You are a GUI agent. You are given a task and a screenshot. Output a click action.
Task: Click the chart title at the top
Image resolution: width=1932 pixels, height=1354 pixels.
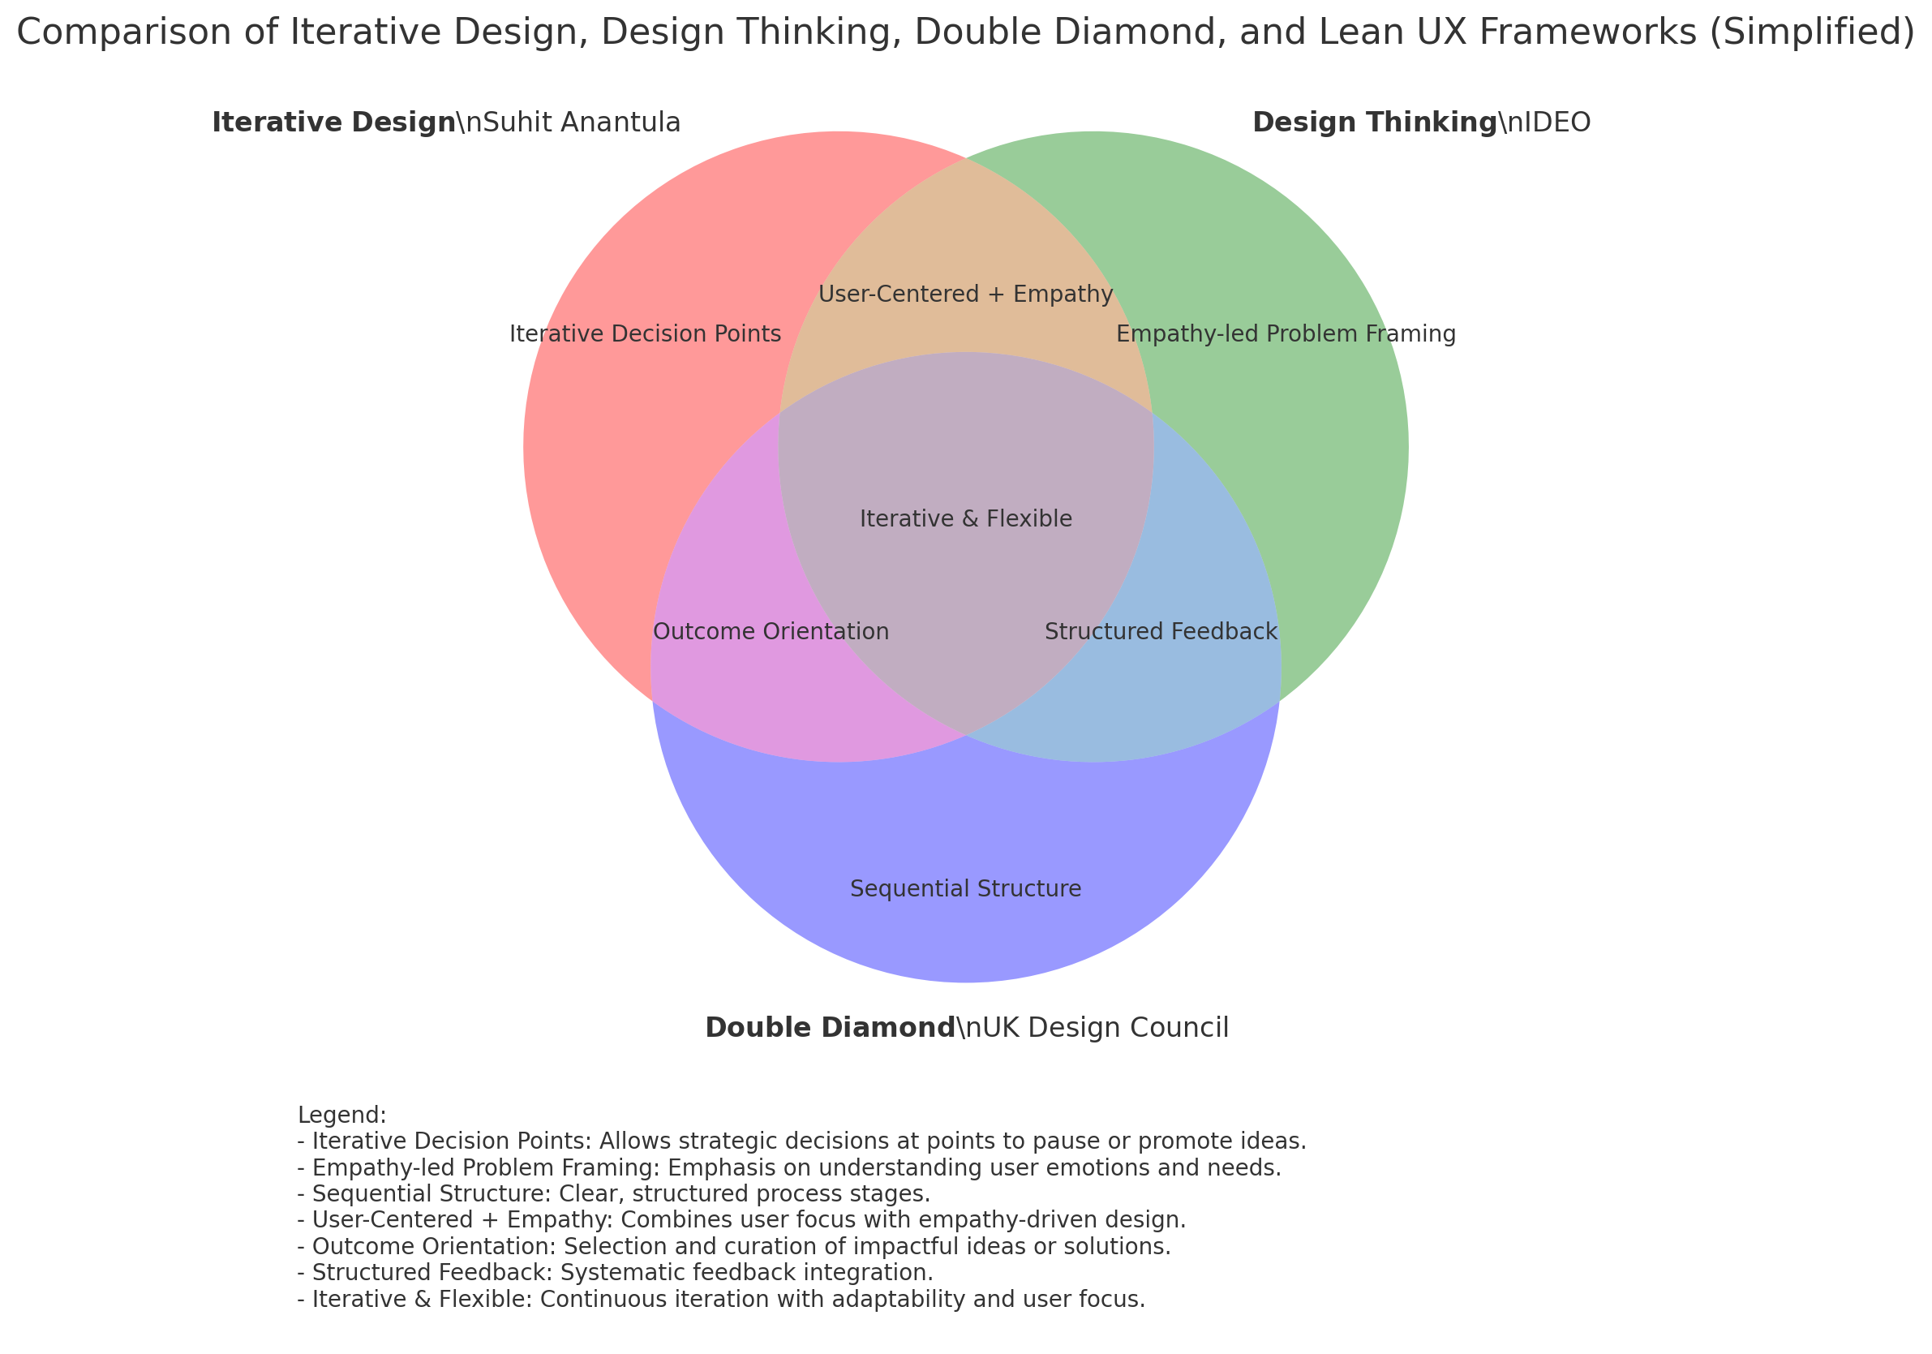(x=966, y=33)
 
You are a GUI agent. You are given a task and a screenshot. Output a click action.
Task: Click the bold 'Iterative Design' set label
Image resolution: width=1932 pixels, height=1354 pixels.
(x=333, y=123)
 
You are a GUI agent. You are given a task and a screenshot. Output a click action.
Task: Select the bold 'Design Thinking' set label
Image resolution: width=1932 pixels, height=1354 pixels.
(x=1374, y=123)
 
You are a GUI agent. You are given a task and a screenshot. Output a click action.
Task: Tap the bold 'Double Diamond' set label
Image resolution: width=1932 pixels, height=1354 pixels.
(x=830, y=1028)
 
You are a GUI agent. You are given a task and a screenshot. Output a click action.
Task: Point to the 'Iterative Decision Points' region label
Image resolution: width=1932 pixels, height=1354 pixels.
(x=646, y=334)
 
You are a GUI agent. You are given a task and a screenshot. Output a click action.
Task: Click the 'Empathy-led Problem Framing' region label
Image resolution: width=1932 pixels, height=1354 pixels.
(x=1286, y=334)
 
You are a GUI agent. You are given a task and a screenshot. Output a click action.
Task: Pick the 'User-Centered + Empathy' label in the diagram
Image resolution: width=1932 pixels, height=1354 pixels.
(x=965, y=294)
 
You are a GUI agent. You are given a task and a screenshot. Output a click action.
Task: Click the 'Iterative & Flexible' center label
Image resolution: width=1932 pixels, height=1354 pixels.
(x=966, y=518)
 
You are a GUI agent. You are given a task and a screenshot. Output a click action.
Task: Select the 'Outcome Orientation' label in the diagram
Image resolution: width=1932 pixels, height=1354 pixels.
(x=771, y=631)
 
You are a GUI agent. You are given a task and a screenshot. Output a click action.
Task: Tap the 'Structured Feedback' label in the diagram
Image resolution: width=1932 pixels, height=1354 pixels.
(x=1161, y=631)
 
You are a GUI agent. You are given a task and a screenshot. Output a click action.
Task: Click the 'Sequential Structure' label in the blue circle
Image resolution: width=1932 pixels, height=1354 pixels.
(x=965, y=888)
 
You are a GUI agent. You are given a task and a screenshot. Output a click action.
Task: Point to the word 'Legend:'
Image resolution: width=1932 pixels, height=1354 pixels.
(x=341, y=1115)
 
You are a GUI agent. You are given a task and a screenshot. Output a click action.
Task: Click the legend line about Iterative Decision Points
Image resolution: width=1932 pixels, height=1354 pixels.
(x=801, y=1141)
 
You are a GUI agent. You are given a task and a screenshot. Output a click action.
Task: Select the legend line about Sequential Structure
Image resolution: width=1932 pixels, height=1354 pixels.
(x=613, y=1193)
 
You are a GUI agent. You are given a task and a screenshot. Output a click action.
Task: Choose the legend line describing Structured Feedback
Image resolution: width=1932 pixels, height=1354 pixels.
(x=615, y=1271)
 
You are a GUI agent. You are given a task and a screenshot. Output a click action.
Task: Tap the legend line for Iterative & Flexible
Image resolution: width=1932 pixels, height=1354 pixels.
(x=721, y=1300)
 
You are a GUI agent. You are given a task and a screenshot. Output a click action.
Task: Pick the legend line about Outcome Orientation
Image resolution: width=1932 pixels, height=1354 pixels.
(x=734, y=1245)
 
